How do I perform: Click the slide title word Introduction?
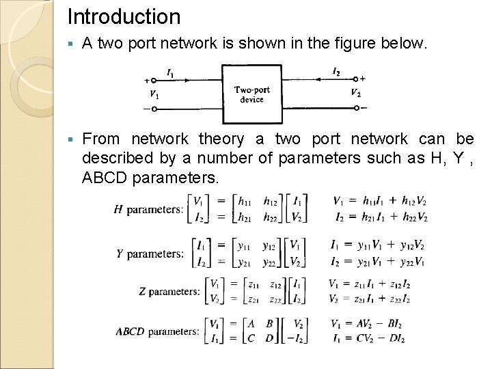[x=124, y=16]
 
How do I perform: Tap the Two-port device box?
[x=251, y=94]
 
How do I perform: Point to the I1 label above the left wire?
[x=169, y=72]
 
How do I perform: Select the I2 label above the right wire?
[x=336, y=72]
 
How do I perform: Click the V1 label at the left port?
[x=154, y=94]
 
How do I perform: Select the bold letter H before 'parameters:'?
[x=118, y=209]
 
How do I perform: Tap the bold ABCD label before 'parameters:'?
[x=130, y=332]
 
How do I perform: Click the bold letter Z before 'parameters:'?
[x=142, y=292]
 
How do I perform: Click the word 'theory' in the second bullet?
[x=221, y=139]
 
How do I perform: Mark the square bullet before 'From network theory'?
[x=71, y=139]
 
